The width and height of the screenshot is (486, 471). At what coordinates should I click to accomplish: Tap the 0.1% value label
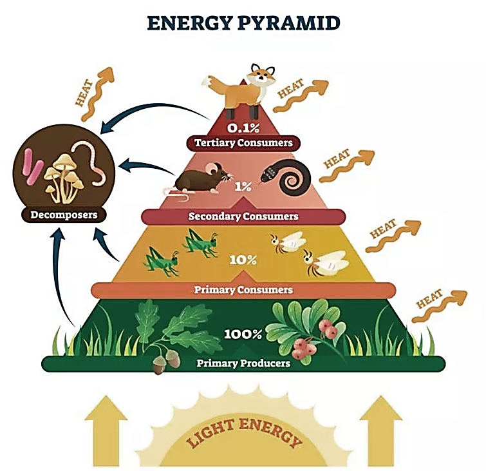click(243, 127)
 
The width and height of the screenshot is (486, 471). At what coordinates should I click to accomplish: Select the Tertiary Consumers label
click(243, 142)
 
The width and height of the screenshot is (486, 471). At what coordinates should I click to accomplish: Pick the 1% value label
click(243, 187)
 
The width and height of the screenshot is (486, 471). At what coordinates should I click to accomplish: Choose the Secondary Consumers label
click(243, 216)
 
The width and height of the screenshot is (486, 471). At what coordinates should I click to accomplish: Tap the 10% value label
click(243, 260)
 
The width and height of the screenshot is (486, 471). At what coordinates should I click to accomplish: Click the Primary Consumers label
click(243, 290)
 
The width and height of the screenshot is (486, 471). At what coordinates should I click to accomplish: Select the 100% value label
click(243, 334)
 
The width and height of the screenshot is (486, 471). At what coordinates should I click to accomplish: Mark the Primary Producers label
click(243, 363)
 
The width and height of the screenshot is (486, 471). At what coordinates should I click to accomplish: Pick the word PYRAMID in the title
click(290, 23)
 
